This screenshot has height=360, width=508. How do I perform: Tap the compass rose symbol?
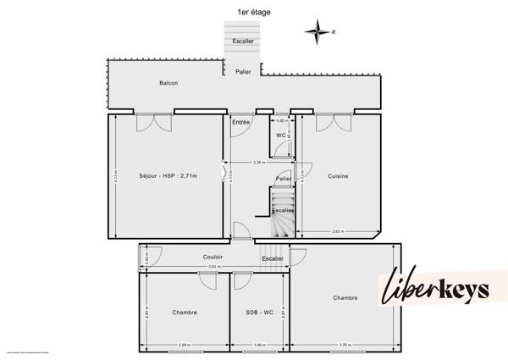pyautogui.click(x=317, y=32)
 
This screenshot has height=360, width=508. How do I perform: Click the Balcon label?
pyautogui.click(x=168, y=83)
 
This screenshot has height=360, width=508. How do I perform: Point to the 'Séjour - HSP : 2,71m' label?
pyautogui.click(x=168, y=176)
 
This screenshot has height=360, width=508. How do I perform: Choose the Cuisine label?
pyautogui.click(x=338, y=176)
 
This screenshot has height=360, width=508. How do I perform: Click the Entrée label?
pyautogui.click(x=241, y=124)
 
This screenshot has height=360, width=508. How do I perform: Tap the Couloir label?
pyautogui.click(x=213, y=257)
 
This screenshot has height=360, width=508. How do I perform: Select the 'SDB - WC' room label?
pyautogui.click(x=259, y=313)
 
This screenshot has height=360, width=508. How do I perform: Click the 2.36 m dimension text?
pyautogui.click(x=259, y=162)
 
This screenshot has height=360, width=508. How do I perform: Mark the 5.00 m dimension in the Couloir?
pyautogui.click(x=213, y=267)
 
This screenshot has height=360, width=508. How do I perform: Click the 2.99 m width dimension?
pyautogui.click(x=185, y=345)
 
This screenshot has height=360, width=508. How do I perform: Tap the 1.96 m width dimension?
pyautogui.click(x=259, y=345)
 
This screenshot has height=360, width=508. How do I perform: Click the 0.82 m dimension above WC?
pyautogui.click(x=281, y=122)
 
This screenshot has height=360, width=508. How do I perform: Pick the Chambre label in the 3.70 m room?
pyautogui.click(x=345, y=297)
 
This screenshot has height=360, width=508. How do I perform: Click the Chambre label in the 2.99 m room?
pyautogui.click(x=184, y=313)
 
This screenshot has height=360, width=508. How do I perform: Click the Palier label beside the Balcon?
pyautogui.click(x=243, y=73)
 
